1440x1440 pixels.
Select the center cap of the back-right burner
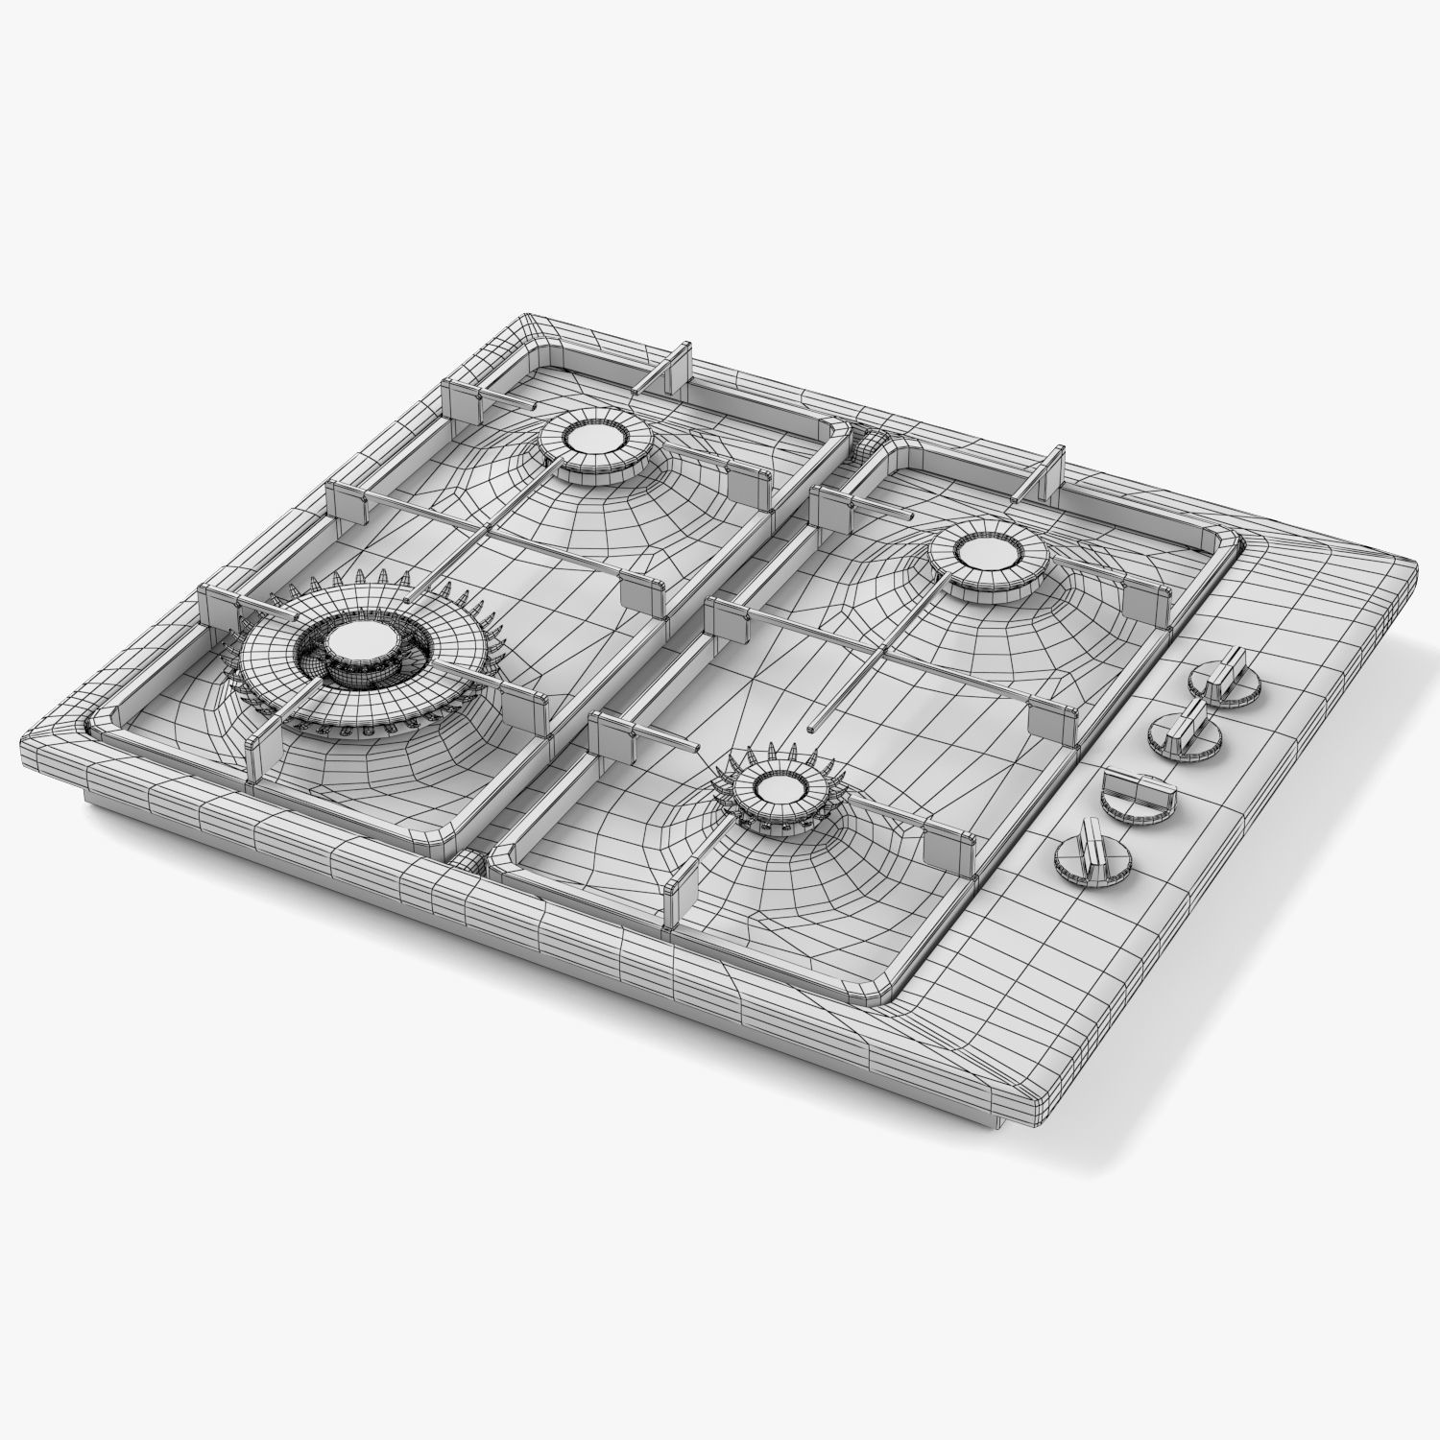point(989,555)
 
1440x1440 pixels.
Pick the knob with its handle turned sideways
point(1137,793)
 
